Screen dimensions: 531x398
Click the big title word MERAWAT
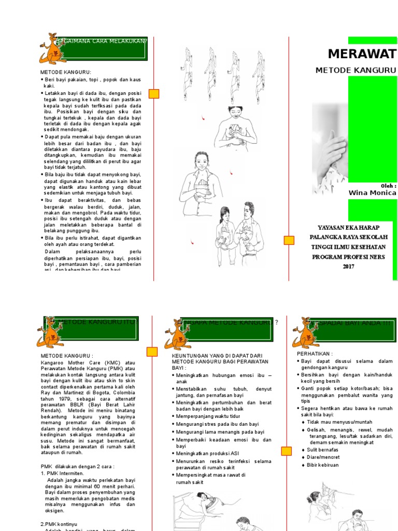[362, 54]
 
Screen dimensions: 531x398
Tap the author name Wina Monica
[373, 193]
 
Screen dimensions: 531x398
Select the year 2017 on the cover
[348, 267]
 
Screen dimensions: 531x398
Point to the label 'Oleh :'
[388, 185]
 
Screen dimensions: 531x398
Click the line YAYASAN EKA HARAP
[348, 227]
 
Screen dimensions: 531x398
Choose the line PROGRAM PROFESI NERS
[348, 257]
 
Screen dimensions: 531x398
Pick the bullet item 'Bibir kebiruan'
[325, 465]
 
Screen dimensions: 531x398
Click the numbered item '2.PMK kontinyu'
[62, 524]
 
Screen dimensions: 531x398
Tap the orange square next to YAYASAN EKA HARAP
[289, 240]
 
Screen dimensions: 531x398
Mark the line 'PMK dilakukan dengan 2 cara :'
[78, 466]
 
